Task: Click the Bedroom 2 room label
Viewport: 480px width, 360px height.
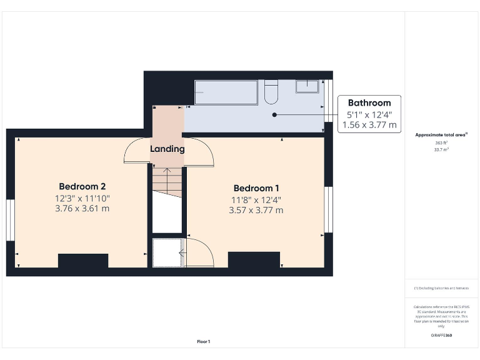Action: coord(82,186)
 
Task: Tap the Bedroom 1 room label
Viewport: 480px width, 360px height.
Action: coord(256,188)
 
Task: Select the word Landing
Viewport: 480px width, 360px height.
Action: coord(167,149)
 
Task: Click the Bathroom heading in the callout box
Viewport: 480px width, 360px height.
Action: coord(369,103)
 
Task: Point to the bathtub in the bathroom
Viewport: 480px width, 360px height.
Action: coord(225,92)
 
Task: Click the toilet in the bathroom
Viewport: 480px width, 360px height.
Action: coord(271,92)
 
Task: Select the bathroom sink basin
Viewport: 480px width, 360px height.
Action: coord(307,86)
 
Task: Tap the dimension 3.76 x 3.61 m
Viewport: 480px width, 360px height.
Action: coord(82,209)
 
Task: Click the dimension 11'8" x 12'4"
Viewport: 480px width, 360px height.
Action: coord(256,200)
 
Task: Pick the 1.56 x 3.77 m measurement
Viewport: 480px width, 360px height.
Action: coord(369,125)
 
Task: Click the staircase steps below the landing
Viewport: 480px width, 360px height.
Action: coord(167,182)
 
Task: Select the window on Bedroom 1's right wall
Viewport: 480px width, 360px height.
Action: coord(327,209)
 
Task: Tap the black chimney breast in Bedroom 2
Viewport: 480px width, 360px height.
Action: coord(83,260)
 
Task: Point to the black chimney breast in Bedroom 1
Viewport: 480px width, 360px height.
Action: coord(253,259)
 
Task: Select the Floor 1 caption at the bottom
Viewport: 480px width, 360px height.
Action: coord(204,341)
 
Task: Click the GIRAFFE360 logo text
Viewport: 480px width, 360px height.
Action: coord(441,336)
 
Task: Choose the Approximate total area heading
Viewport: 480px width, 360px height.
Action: coord(441,134)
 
